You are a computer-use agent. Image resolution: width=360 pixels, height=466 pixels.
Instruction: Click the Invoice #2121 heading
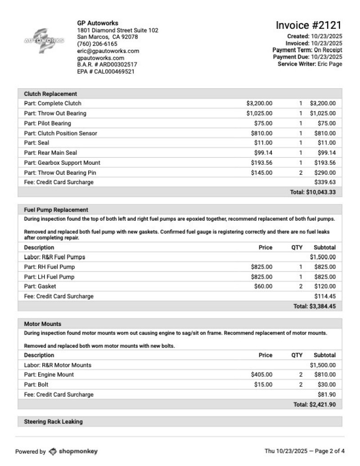[x=308, y=25]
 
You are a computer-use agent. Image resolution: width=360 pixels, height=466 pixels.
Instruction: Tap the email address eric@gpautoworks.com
[x=108, y=51]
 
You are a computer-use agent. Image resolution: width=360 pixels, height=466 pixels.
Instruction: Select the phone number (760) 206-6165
[x=97, y=44]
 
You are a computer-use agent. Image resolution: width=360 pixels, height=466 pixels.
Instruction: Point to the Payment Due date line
[x=307, y=57]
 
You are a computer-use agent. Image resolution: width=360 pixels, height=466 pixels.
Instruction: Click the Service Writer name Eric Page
[x=330, y=64]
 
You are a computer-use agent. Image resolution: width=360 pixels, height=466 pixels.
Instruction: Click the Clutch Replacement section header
[x=50, y=94]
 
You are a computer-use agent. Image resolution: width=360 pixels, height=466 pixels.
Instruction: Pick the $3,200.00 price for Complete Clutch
[x=259, y=104]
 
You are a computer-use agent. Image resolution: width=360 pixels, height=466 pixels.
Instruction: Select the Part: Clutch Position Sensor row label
[x=60, y=133]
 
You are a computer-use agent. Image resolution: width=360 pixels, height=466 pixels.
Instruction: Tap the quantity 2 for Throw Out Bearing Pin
[x=301, y=173]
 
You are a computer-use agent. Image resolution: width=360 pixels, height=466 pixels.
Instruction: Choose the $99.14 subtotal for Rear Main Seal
[x=326, y=153]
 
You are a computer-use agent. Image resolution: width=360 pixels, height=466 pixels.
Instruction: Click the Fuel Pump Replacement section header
[x=56, y=210]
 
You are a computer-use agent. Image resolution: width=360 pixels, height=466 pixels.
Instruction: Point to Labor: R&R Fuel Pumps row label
[x=54, y=257]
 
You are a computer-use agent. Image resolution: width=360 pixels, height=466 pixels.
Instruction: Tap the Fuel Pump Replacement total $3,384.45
[x=315, y=306]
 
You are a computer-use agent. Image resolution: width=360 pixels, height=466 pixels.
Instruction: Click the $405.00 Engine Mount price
[x=261, y=375]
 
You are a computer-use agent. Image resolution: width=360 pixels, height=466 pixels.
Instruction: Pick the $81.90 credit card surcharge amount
[x=327, y=394]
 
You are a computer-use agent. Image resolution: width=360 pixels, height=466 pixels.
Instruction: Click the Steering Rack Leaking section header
[x=53, y=422]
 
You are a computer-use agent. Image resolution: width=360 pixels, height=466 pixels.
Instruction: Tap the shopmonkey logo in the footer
[x=73, y=451]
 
